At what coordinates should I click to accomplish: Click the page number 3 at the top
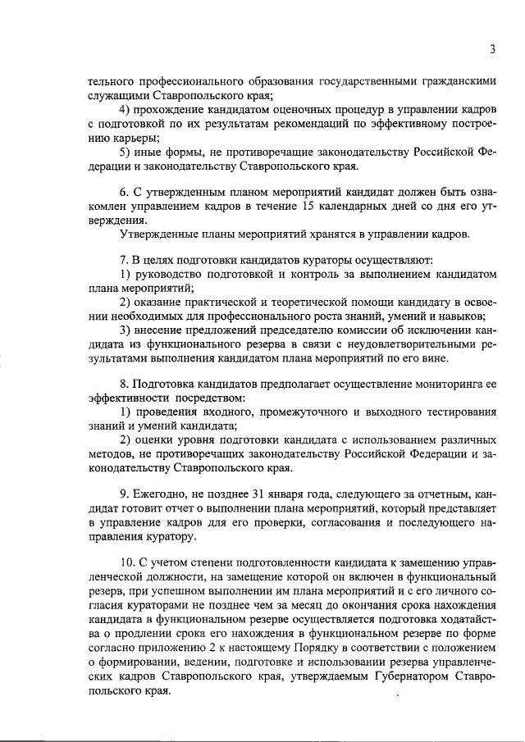click(492, 48)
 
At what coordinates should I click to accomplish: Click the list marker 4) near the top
click(126, 110)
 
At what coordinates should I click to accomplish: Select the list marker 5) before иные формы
click(126, 152)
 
